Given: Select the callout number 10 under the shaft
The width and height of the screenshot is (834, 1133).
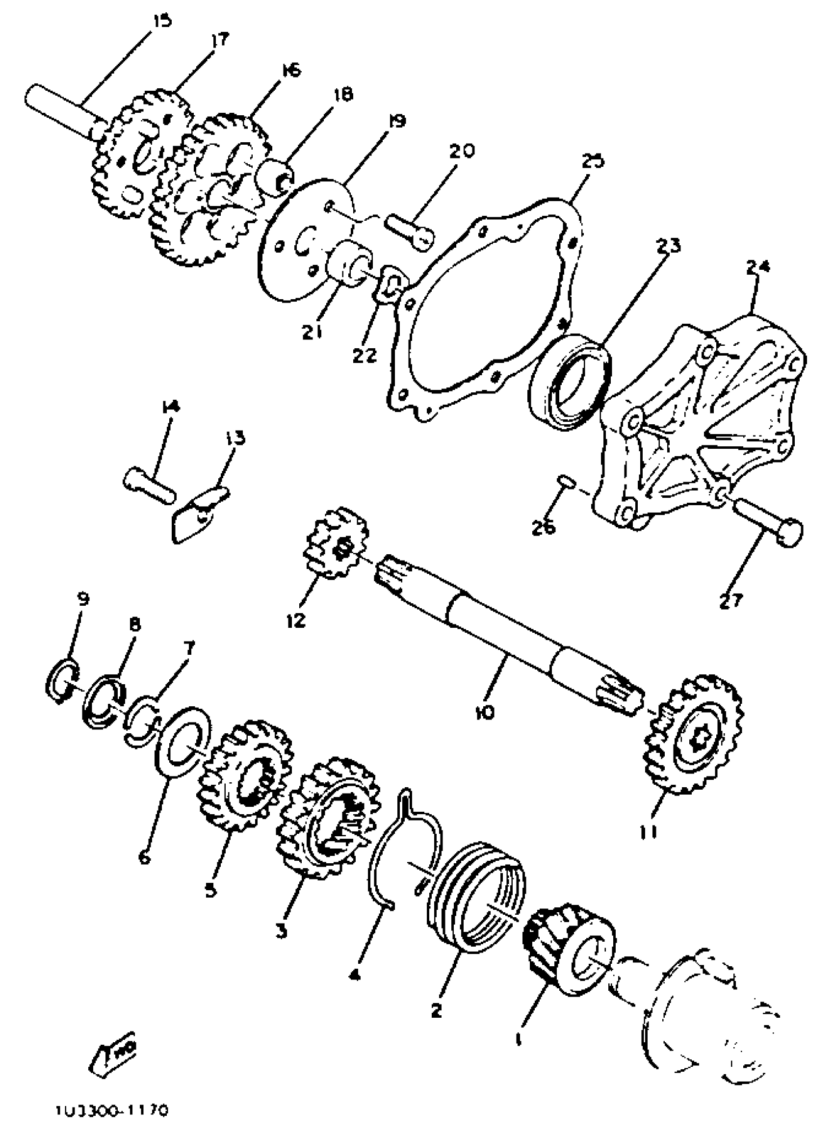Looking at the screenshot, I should pos(485,712).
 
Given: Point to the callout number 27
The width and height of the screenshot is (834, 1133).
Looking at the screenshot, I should pos(732,600).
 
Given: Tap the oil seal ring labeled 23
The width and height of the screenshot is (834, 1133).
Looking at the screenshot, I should pos(570,384).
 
